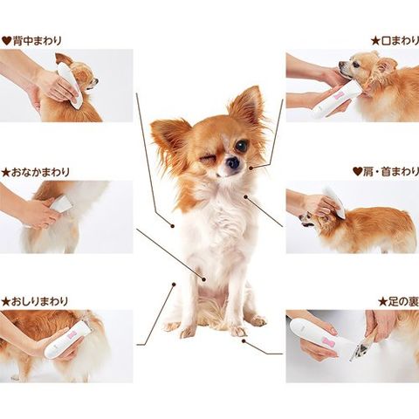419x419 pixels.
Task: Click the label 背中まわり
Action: tap(38, 40)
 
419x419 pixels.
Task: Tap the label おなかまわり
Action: tap(40, 172)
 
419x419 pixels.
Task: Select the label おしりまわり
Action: tap(39, 301)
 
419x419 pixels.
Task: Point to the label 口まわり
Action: tap(400, 41)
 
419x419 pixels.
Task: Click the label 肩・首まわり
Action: tap(391, 172)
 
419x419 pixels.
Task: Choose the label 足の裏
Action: tap(403, 302)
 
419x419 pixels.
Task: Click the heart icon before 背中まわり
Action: tap(6, 40)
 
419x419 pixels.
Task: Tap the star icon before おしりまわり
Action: tap(5, 302)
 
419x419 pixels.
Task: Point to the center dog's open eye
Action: tap(241, 146)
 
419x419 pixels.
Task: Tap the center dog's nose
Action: tap(233, 163)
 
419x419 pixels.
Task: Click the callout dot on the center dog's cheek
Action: tap(251, 168)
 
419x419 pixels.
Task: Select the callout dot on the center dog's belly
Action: tap(203, 279)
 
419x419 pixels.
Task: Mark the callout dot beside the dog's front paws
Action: tap(244, 340)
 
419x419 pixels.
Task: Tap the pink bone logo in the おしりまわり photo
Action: tap(71, 335)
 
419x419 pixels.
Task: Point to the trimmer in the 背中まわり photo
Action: tap(69, 86)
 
